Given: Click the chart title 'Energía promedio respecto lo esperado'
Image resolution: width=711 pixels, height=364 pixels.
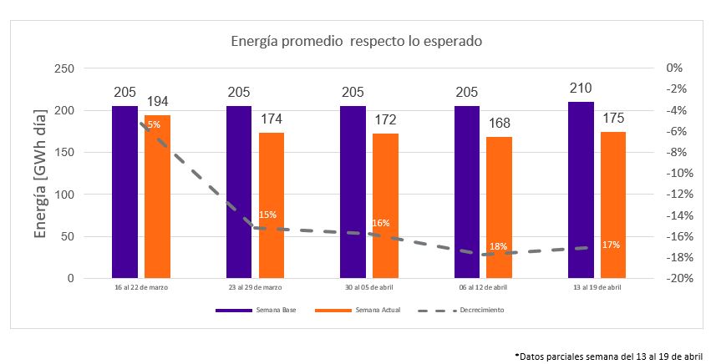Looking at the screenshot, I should click(357, 40).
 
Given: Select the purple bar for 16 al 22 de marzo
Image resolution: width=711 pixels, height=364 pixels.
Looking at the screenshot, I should click(124, 192).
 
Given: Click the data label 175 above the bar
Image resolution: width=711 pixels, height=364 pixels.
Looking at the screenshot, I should click(613, 119).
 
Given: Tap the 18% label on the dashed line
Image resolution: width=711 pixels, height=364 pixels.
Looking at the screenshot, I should click(498, 247).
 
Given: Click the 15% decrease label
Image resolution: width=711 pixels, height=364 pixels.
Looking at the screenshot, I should click(267, 215).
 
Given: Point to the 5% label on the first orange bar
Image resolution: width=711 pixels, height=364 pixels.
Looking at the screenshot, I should click(154, 125).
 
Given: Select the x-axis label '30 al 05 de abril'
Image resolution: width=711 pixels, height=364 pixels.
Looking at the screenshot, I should click(368, 287).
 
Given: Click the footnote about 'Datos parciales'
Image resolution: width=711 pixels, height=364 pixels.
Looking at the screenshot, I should click(608, 355).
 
